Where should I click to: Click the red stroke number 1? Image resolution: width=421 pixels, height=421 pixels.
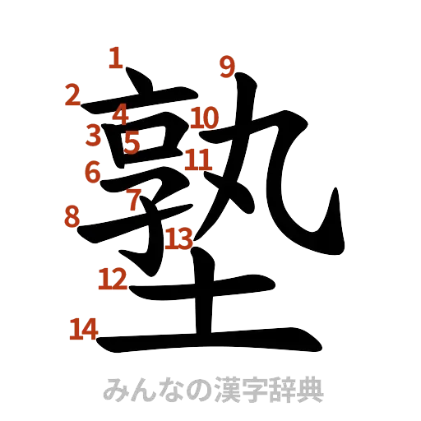pyautogui.click(x=116, y=58)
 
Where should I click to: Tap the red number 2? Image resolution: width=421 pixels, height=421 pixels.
pyautogui.click(x=72, y=96)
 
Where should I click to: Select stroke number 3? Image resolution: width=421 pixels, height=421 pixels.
pyautogui.click(x=94, y=134)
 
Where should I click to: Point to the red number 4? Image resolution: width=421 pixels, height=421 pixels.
pyautogui.click(x=121, y=113)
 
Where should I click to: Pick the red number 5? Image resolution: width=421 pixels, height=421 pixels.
pyautogui.click(x=132, y=143)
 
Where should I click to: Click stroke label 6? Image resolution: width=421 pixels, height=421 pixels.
pyautogui.click(x=93, y=172)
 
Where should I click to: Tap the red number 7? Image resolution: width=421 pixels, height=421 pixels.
pyautogui.click(x=133, y=198)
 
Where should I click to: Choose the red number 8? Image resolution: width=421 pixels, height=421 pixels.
pyautogui.click(x=72, y=217)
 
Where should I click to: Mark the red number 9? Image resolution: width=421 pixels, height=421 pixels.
pyautogui.click(x=226, y=66)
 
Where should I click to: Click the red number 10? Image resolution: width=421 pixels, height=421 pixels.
pyautogui.click(x=204, y=118)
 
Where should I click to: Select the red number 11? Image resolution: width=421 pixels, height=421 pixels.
pyautogui.click(x=198, y=158)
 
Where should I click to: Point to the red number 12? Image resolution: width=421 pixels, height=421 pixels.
pyautogui.click(x=113, y=280)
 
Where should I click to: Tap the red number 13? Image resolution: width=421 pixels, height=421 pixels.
pyautogui.click(x=178, y=238)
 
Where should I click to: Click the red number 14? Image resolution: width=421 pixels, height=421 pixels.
pyautogui.click(x=83, y=330)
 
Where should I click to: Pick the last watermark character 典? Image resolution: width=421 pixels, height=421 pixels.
pyautogui.click(x=312, y=389)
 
